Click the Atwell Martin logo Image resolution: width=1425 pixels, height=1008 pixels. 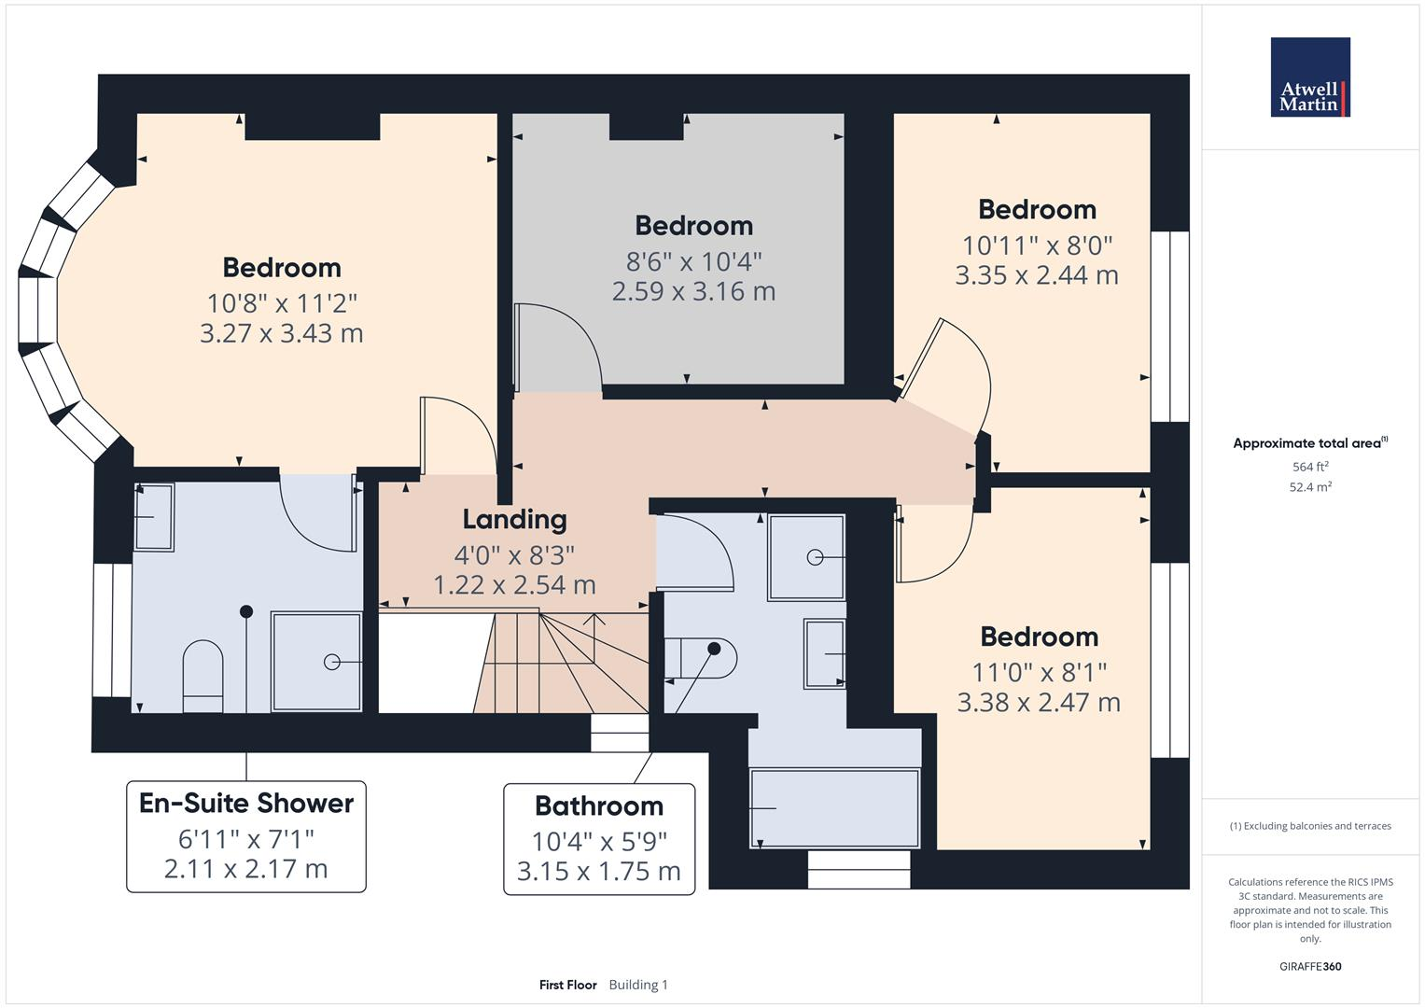[1309, 77]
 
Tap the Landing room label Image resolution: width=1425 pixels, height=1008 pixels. [514, 519]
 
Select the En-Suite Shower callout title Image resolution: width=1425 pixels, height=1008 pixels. [246, 804]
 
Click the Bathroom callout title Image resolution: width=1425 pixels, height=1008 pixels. [599, 805]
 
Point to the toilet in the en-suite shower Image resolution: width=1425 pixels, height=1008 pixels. [203, 673]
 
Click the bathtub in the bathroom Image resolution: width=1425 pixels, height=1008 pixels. [834, 807]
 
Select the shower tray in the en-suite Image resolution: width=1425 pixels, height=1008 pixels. [316, 661]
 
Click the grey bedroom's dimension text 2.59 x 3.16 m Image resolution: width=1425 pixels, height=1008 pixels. [693, 291]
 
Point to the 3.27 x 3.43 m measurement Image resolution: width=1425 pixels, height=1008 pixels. [281, 333]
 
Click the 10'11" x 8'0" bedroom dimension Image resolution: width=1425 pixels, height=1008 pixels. [1037, 245]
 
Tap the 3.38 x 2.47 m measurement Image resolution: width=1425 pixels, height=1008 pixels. [1039, 702]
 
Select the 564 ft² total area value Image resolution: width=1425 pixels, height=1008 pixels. [1309, 467]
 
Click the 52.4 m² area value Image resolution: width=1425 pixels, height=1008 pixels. [1309, 487]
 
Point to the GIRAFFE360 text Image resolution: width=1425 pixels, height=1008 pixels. [1309, 966]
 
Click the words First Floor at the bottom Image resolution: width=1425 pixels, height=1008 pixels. [567, 985]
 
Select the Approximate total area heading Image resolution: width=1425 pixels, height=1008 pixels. [1309, 443]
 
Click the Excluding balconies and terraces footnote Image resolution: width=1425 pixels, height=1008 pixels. [1310, 826]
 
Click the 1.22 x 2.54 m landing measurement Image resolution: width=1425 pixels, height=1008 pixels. [514, 585]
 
